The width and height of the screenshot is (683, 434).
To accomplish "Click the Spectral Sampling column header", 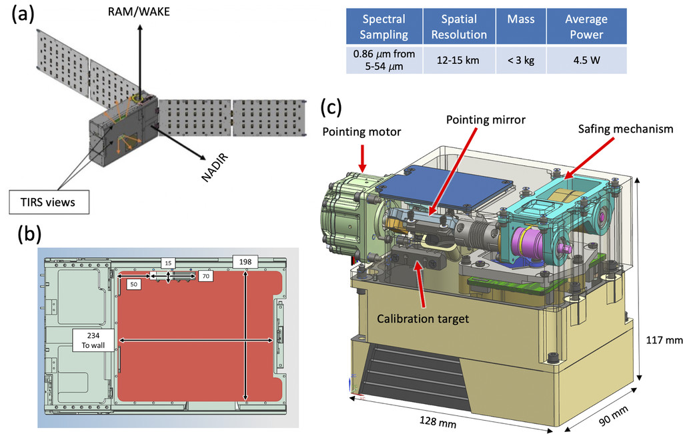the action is (x=384, y=27).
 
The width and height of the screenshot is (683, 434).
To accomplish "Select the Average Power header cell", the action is (x=586, y=27).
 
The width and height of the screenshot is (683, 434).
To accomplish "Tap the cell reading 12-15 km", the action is (x=459, y=60).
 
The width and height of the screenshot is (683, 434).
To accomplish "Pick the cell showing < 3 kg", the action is (x=521, y=60).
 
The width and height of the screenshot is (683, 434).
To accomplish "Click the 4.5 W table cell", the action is (x=586, y=60).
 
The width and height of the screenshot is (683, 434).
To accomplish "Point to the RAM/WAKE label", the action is (x=139, y=11).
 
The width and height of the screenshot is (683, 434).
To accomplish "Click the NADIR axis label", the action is (x=215, y=167).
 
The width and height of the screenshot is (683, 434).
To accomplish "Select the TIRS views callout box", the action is (x=49, y=202).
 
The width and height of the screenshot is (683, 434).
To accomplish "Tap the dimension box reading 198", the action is (x=245, y=261).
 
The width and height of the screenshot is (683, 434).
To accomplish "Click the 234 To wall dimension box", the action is (x=93, y=341).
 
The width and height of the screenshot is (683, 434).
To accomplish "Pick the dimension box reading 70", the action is (x=205, y=276).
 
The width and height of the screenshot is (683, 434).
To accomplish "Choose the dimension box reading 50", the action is (x=133, y=284).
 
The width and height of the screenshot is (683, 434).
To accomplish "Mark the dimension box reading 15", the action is (x=168, y=263).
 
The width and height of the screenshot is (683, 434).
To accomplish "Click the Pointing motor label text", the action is (x=362, y=132).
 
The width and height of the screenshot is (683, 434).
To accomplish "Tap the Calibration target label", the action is (x=423, y=319).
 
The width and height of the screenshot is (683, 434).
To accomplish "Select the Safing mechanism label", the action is (x=626, y=129).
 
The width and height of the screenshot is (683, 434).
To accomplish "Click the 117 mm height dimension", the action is (x=664, y=339).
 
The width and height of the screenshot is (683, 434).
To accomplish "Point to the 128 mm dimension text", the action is (x=438, y=421).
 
